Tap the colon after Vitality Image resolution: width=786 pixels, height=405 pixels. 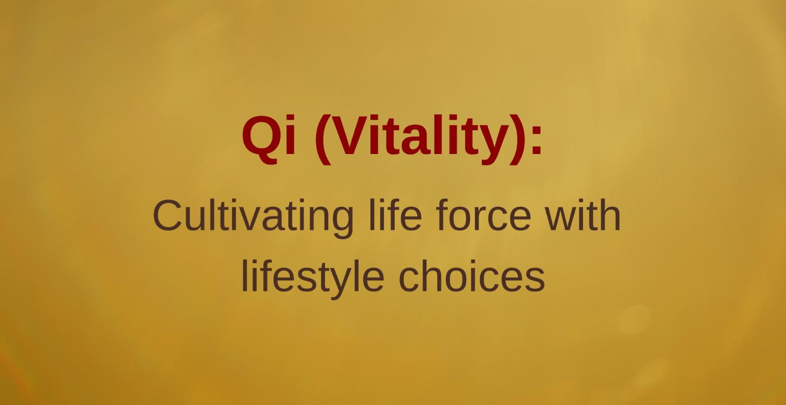(x=536, y=141)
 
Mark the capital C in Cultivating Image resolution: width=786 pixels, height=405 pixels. (x=168, y=215)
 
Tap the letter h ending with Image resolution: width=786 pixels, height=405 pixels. (x=611, y=215)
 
